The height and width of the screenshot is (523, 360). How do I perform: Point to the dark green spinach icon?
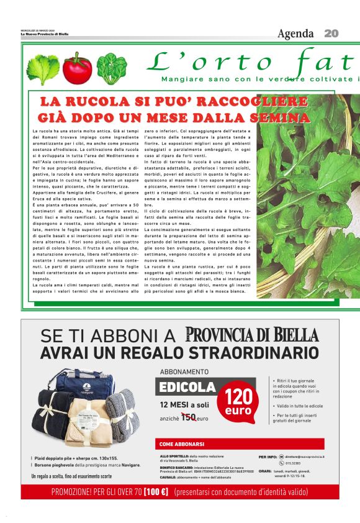click(x=112, y=68)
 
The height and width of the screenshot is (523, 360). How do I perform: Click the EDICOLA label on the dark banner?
click(x=187, y=387)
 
